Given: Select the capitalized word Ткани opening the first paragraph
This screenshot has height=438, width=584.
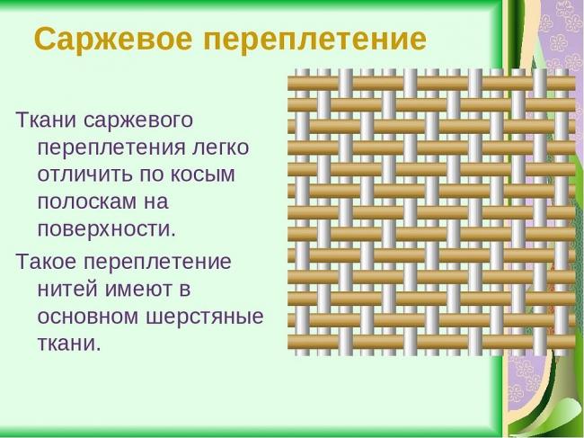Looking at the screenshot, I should click(x=40, y=120).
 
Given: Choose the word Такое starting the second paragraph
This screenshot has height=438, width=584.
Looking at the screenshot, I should click(x=46, y=263).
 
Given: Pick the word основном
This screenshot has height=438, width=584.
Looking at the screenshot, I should click(x=95, y=317).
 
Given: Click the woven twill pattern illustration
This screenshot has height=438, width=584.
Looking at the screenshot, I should click(x=430, y=211).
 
